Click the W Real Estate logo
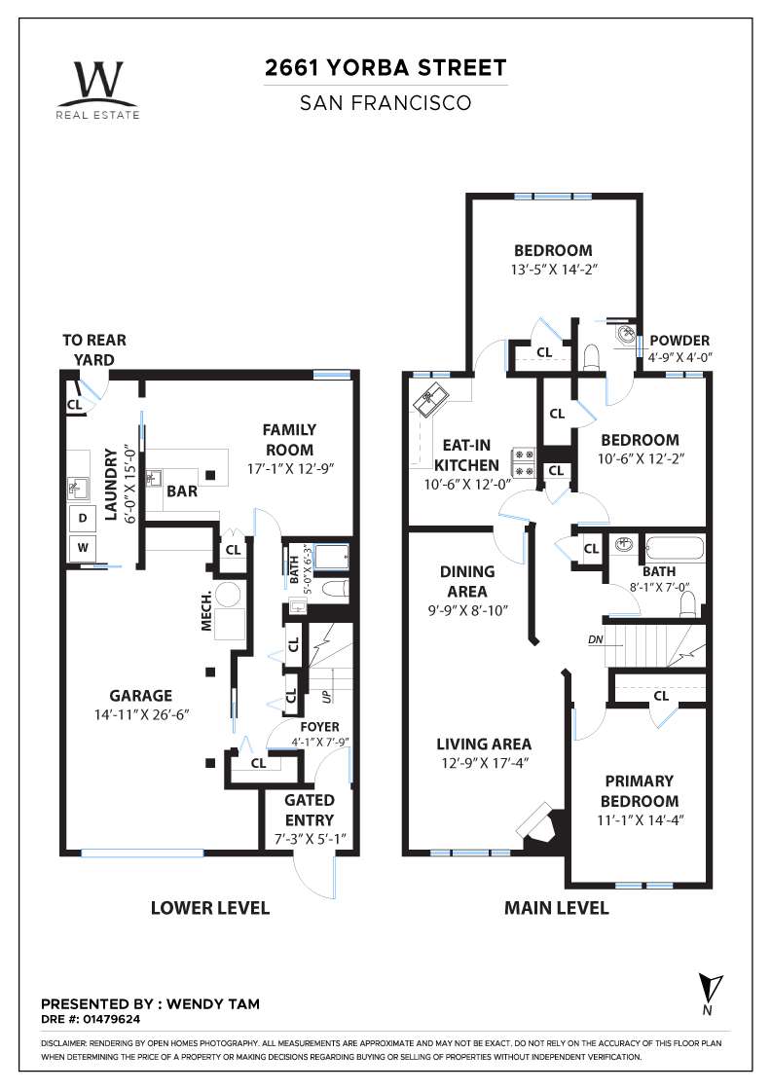tap(98, 90)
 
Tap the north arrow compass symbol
tap(710, 994)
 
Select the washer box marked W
tap(83, 548)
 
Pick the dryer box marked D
tap(83, 518)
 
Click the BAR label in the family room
tap(182, 491)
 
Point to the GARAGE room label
tap(140, 696)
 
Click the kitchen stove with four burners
tap(524, 463)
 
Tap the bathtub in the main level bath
tap(675, 550)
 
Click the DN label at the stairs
tap(595, 639)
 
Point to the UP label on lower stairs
tap(325, 695)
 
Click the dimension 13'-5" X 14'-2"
tap(554, 269)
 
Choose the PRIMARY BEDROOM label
tap(640, 791)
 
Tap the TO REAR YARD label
tap(94, 349)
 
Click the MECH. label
tap(206, 612)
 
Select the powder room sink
tap(625, 334)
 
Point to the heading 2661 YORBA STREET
tap(385, 68)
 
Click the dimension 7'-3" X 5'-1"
tap(311, 840)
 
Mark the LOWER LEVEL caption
tap(210, 908)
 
